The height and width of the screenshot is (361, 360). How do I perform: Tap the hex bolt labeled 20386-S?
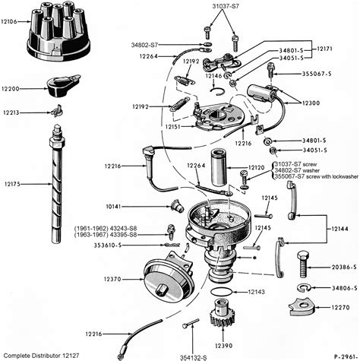pos(301,268)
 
